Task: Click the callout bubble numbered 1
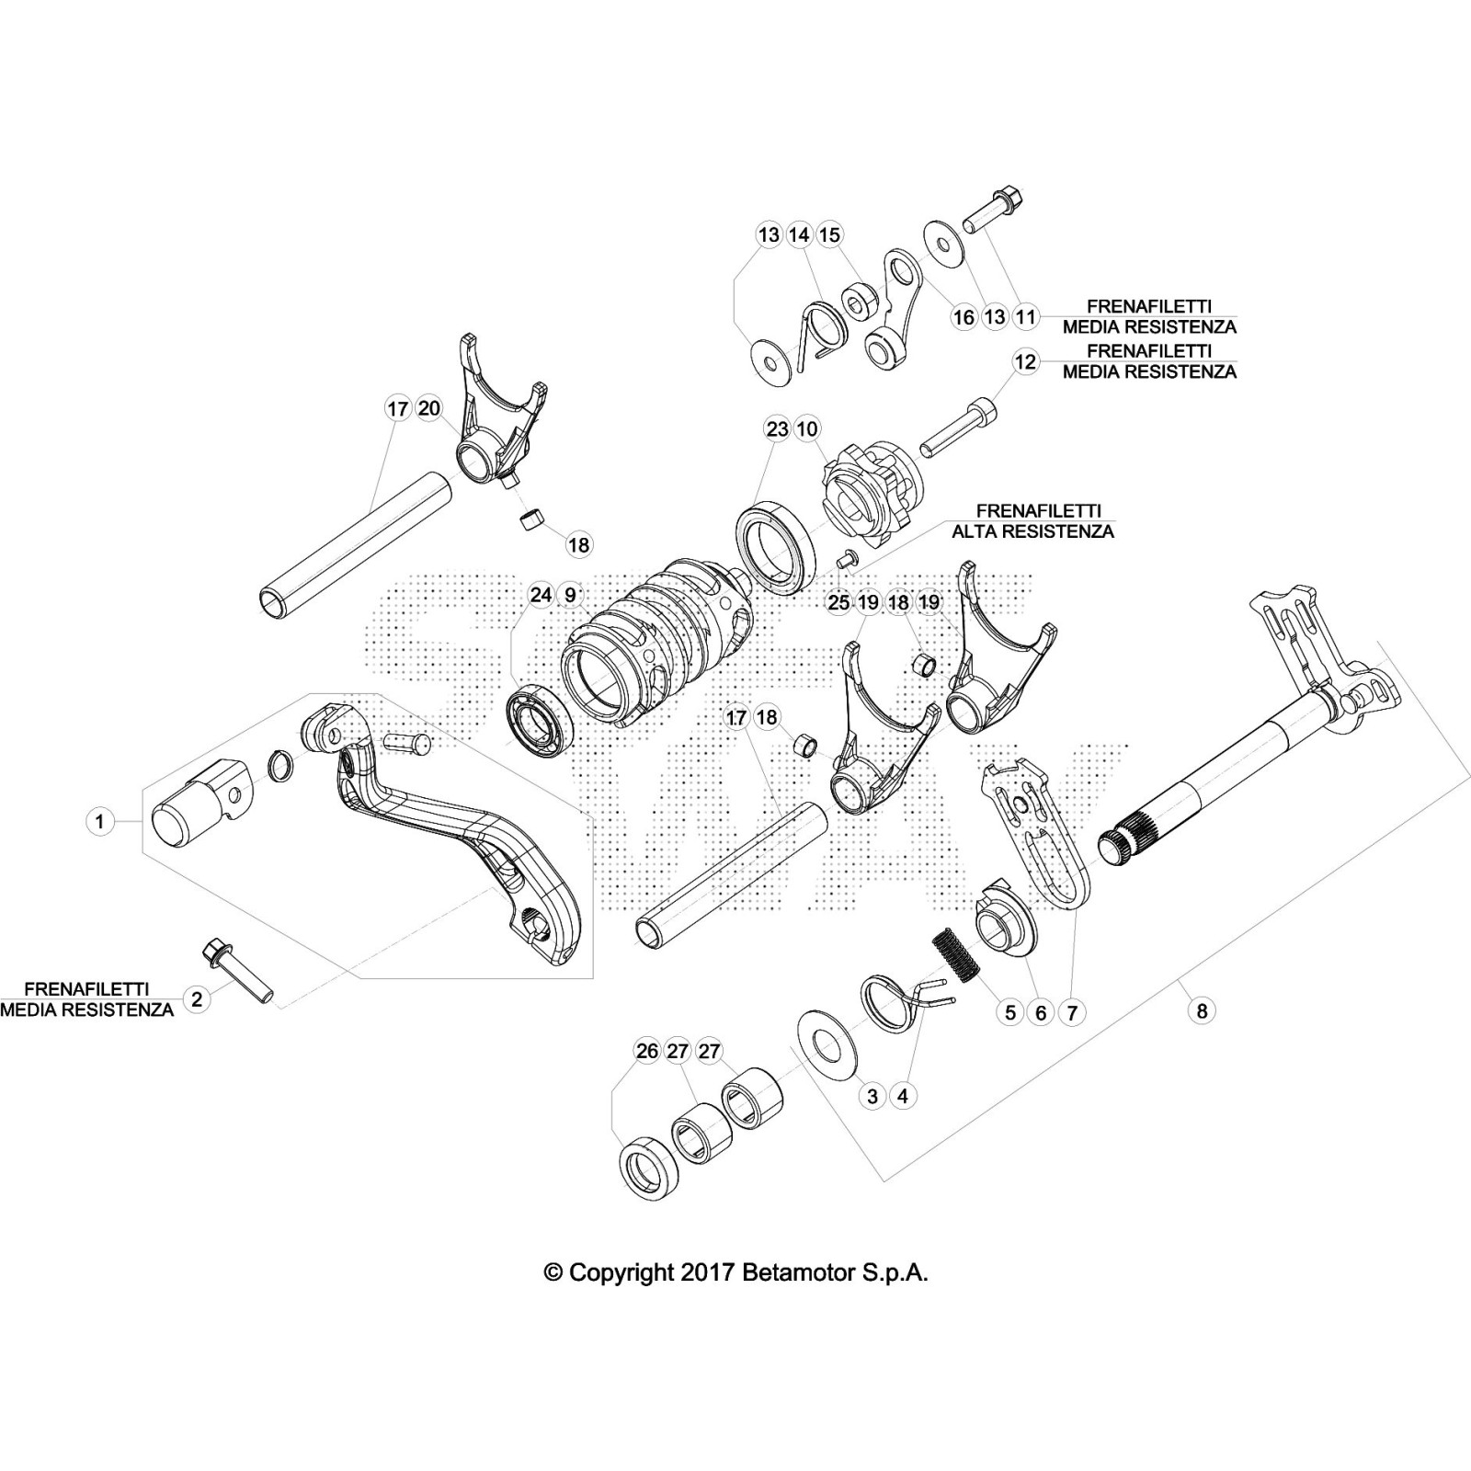tap(100, 821)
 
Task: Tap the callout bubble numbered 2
tap(196, 998)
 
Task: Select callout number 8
tap(1201, 1011)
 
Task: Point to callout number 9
tap(571, 596)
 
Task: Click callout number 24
tap(541, 596)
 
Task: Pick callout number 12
tap(1025, 362)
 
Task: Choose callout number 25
tap(838, 603)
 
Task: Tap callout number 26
tap(647, 1051)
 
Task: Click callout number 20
tap(429, 408)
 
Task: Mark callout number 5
tap(1010, 1012)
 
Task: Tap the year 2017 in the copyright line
tap(706, 1273)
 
